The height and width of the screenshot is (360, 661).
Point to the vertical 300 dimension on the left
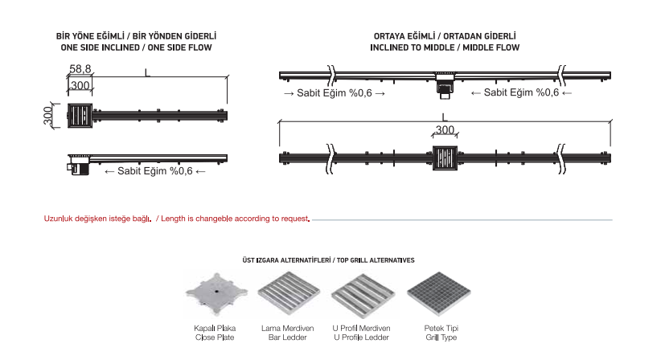click(x=48, y=116)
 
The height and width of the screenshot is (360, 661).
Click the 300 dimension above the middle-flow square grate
click(x=445, y=129)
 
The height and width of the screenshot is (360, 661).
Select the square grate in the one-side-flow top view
click(x=80, y=116)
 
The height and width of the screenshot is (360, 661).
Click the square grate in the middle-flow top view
click(x=445, y=157)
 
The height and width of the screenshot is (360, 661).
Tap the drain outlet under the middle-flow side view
click(x=445, y=90)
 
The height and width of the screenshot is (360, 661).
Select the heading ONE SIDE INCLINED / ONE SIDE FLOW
click(x=136, y=48)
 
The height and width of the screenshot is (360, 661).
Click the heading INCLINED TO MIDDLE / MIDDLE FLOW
click(x=445, y=48)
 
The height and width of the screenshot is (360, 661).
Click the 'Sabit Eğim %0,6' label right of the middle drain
click(x=522, y=93)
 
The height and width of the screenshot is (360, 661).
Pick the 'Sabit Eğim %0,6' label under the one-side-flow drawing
click(x=155, y=171)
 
